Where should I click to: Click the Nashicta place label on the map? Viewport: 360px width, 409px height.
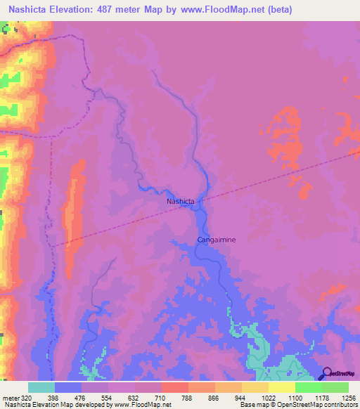coord(180,202)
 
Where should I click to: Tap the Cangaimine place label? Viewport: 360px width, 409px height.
coord(216,240)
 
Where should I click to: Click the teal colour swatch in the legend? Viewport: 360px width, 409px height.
coord(41,387)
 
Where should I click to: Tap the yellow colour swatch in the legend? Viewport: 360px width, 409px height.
coord(282,387)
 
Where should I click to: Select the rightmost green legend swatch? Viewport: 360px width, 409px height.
coord(335,387)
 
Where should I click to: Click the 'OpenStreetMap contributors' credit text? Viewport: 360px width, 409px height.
coord(317,405)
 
